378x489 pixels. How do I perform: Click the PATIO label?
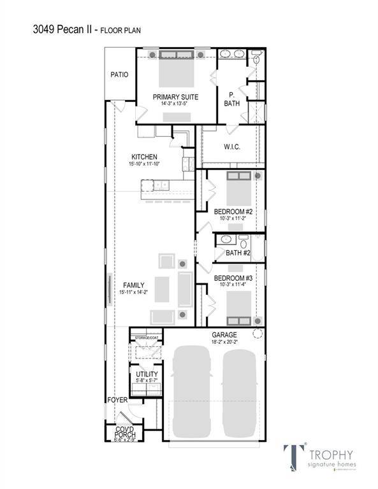click(x=119, y=74)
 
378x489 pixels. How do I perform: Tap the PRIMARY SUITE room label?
click(x=175, y=97)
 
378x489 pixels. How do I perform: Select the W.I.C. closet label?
click(x=231, y=147)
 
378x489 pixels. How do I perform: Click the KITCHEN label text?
click(x=144, y=157)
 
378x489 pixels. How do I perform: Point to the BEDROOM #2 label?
click(x=234, y=211)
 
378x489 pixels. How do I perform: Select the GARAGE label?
click(x=224, y=335)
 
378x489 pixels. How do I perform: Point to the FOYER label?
click(x=117, y=400)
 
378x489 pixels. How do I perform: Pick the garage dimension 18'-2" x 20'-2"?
click(x=224, y=342)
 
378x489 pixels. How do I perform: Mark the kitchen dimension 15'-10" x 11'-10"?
click(x=144, y=164)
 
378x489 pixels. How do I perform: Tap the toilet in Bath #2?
click(x=243, y=242)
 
